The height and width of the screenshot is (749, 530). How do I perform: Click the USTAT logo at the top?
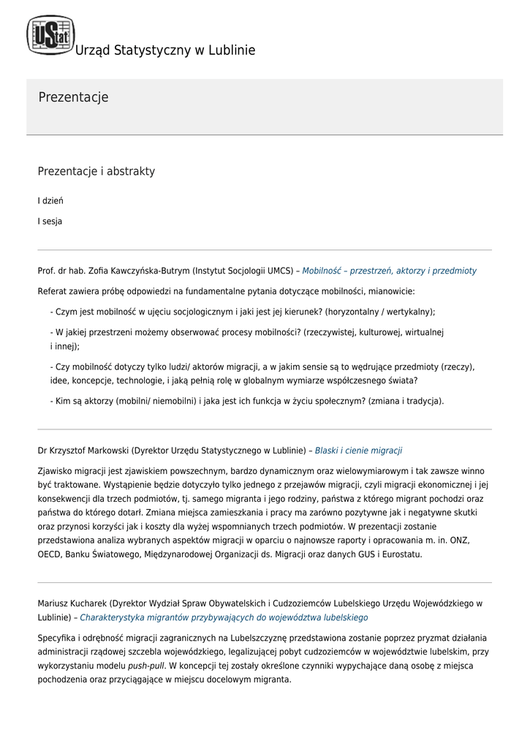pyautogui.click(x=50, y=34)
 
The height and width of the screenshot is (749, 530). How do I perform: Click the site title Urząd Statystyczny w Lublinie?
pyautogui.click(x=165, y=50)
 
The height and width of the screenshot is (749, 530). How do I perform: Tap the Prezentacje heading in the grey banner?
pyautogui.click(x=73, y=97)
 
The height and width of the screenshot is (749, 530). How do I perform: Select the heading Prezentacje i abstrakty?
pyautogui.click(x=96, y=171)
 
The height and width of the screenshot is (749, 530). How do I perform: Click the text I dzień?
pyautogui.click(x=50, y=200)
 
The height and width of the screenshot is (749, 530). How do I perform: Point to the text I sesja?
pyautogui.click(x=50, y=222)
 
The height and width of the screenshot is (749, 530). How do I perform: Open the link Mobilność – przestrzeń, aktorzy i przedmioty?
pyautogui.click(x=389, y=271)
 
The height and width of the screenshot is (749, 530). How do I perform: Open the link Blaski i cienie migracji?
pyautogui.click(x=358, y=451)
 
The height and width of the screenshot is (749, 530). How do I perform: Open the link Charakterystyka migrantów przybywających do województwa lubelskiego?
pyautogui.click(x=224, y=617)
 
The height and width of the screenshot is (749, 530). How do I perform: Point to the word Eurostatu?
pyautogui.click(x=400, y=554)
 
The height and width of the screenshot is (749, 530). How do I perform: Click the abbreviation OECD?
pyautogui.click(x=50, y=554)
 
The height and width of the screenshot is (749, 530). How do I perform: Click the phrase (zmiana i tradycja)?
pyautogui.click(x=406, y=401)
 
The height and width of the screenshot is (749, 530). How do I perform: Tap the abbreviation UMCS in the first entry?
pyautogui.click(x=279, y=271)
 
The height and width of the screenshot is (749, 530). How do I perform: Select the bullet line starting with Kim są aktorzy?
pyautogui.click(x=247, y=401)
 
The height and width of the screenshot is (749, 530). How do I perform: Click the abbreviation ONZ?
pyautogui.click(x=458, y=541)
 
